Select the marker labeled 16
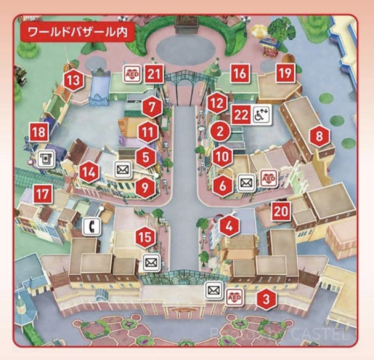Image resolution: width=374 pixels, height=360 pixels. (x=239, y=73)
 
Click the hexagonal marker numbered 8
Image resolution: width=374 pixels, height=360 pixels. (x=320, y=137)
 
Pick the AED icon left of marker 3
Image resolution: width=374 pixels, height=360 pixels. (x=235, y=296)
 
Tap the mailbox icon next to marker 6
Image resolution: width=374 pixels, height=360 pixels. (x=245, y=183)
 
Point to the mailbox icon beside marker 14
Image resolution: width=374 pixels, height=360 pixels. (x=123, y=169)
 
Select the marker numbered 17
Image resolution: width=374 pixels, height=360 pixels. (x=43, y=195)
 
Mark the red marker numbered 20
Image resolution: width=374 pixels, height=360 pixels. (x=281, y=211)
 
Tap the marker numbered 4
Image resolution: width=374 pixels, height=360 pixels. (x=229, y=227)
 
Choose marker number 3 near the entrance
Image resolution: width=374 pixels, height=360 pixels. (x=266, y=300)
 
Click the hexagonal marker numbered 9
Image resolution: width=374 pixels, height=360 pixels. (x=145, y=188)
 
